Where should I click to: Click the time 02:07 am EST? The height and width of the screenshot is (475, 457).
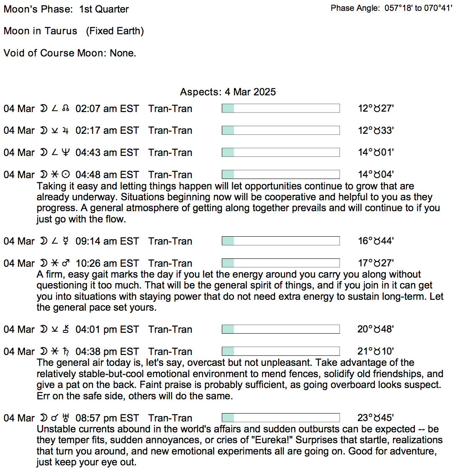[107, 109]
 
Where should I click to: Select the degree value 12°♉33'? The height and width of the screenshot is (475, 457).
[375, 130]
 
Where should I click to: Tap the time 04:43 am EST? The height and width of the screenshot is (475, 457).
[107, 153]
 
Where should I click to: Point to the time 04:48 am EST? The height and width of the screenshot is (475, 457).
[107, 175]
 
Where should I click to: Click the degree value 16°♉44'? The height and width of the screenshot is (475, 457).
[375, 241]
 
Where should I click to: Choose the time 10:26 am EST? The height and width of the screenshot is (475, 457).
[107, 263]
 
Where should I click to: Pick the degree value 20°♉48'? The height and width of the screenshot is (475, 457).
[375, 329]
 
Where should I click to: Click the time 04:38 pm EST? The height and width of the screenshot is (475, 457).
[107, 352]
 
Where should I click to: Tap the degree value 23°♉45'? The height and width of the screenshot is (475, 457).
[375, 418]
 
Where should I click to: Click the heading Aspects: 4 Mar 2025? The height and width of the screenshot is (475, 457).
[228, 92]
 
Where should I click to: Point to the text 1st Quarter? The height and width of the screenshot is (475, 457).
[104, 9]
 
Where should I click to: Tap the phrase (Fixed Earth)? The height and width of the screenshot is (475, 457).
[115, 31]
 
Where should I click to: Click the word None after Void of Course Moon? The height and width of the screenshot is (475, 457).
[123, 53]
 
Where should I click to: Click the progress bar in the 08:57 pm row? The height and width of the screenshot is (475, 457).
[280, 418]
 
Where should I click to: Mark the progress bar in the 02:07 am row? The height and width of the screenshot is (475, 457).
[280, 109]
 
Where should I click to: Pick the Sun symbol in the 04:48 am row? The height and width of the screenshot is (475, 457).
[66, 175]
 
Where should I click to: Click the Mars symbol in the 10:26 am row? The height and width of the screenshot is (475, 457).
[66, 263]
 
